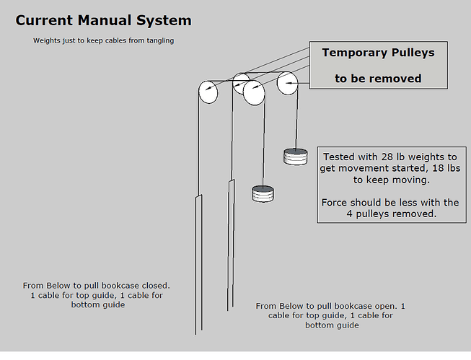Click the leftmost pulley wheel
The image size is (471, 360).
tap(208, 92)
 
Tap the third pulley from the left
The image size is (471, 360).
tap(254, 92)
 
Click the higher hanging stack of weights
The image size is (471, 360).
tap(296, 157)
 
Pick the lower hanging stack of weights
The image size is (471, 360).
tap(263, 193)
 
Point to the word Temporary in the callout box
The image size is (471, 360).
tap(354, 53)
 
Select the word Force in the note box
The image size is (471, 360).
tap(335, 203)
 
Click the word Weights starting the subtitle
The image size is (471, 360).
tap(48, 41)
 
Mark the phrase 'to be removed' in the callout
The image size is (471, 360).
tap(378, 78)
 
